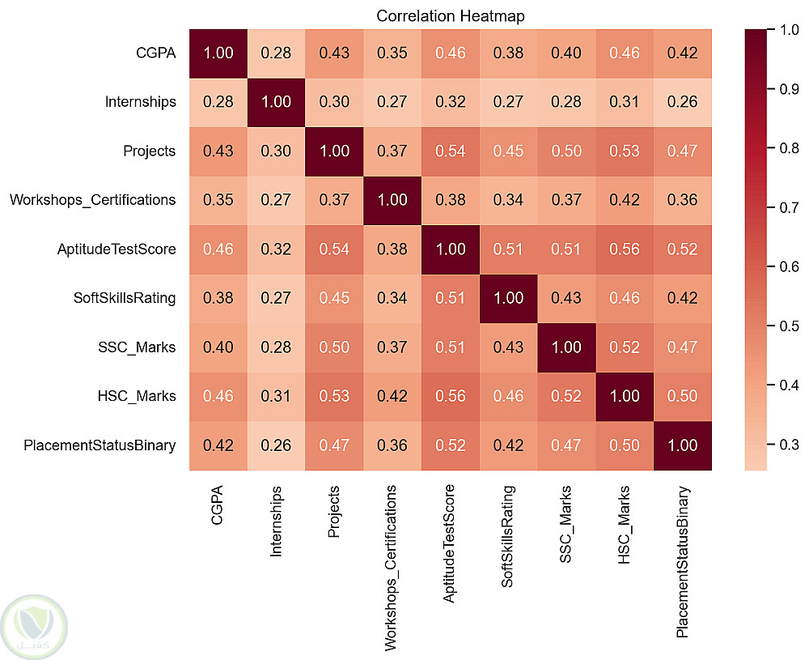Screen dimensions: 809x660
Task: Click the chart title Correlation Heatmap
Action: click(x=451, y=16)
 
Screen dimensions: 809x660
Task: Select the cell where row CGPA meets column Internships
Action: click(x=276, y=53)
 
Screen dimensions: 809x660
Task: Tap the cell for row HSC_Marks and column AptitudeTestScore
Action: click(x=451, y=397)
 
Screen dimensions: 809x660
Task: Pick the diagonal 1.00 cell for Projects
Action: click(x=334, y=151)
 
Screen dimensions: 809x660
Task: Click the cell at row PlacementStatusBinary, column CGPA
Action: click(x=218, y=445)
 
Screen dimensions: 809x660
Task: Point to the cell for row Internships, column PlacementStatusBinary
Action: click(x=683, y=103)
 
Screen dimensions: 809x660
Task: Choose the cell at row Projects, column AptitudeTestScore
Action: click(x=451, y=151)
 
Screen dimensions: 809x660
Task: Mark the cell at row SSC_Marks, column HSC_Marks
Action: click(x=625, y=347)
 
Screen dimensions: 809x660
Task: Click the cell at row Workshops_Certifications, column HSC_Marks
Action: click(x=625, y=201)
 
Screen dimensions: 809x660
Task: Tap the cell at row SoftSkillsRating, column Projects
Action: click(x=334, y=299)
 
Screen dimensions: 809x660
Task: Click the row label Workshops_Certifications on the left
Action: click(x=93, y=200)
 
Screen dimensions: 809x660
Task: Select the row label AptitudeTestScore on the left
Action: click(x=116, y=249)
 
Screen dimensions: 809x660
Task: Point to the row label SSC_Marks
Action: click(x=137, y=347)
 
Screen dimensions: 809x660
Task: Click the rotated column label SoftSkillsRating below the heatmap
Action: click(x=508, y=537)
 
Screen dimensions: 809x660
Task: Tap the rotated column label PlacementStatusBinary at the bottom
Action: click(x=682, y=562)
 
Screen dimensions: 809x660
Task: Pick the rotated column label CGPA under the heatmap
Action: click(x=217, y=505)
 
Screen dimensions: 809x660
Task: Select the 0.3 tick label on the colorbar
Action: click(x=790, y=444)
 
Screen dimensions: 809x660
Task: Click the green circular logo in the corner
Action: click(x=34, y=627)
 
